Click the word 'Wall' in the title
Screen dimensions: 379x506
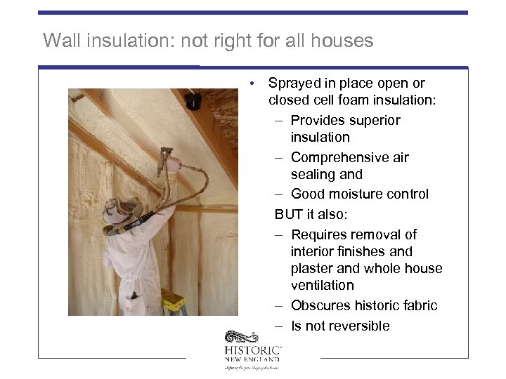coord(58,41)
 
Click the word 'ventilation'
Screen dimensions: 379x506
coord(323,286)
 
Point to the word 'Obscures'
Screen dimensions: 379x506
coord(320,306)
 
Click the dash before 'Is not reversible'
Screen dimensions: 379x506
coord(278,326)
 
